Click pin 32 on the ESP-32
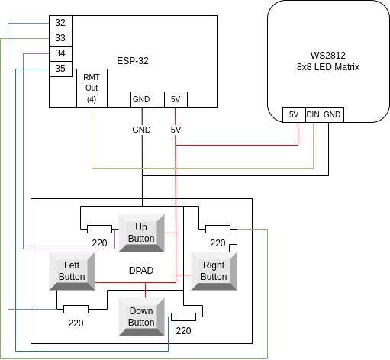(x=60, y=23)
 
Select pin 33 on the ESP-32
(x=60, y=38)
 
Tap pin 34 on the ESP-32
(x=60, y=53)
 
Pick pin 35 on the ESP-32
(x=60, y=69)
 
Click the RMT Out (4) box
(x=92, y=88)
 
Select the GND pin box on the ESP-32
(x=141, y=99)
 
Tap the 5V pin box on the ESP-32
(x=176, y=99)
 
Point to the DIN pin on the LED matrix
(x=313, y=114)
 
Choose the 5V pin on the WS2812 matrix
(x=293, y=114)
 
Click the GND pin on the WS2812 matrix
(x=332, y=114)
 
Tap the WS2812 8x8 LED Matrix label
(x=328, y=62)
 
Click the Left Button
(x=73, y=271)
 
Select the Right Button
(x=214, y=271)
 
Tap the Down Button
(x=141, y=317)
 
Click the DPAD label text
(x=141, y=271)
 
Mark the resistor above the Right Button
(x=218, y=228)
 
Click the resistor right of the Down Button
(x=183, y=317)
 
